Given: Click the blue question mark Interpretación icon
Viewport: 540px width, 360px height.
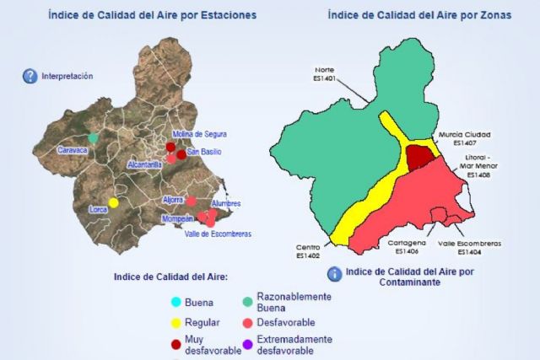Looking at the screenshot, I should pyautogui.click(x=30, y=76).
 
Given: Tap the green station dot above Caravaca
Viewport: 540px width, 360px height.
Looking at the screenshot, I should pyautogui.click(x=93, y=137).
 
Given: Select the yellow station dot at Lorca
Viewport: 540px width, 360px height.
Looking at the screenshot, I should pyautogui.click(x=113, y=202).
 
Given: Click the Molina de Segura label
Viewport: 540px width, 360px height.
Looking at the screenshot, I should pyautogui.click(x=199, y=135).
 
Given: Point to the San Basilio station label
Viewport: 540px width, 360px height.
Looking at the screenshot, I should pyautogui.click(x=204, y=152).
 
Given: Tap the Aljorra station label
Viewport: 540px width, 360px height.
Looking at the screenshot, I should pyautogui.click(x=173, y=200).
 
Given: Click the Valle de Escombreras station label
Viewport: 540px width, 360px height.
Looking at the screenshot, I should pyautogui.click(x=218, y=234).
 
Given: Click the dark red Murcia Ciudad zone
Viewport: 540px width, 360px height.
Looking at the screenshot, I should pyautogui.click(x=419, y=156).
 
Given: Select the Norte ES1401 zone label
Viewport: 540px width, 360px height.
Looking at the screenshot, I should pyautogui.click(x=325, y=74).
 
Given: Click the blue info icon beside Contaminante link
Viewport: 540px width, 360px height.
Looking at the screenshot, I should pyautogui.click(x=334, y=274).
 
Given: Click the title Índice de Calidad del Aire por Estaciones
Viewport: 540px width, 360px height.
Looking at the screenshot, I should pyautogui.click(x=153, y=15).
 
